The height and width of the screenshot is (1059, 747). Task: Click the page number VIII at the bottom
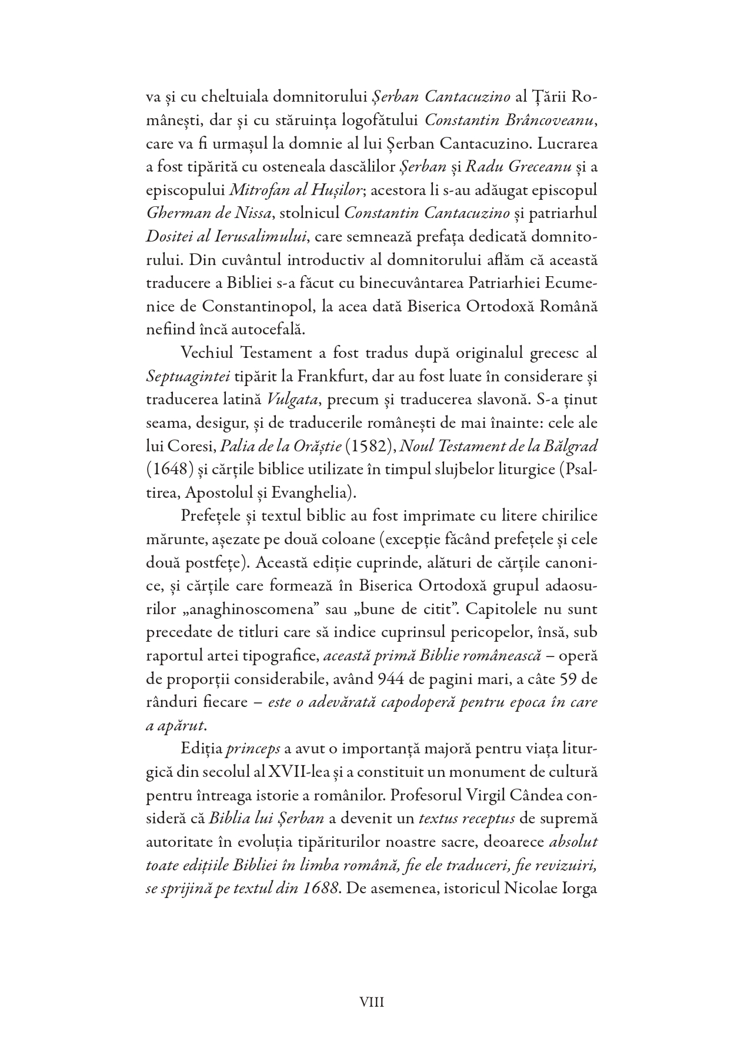point(372,1003)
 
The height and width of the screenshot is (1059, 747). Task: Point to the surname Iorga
point(579,888)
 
